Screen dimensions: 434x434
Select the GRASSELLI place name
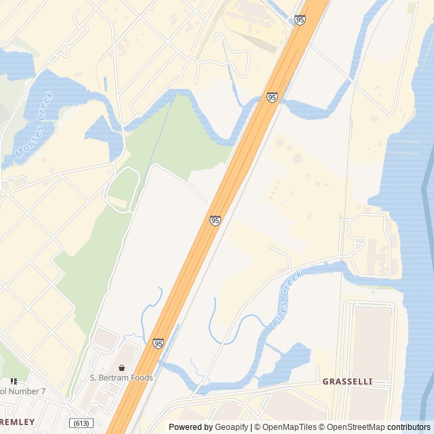347,382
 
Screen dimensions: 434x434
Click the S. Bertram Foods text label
121,378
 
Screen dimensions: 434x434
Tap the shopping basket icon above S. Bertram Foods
121,368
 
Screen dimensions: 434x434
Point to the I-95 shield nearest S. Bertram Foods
158,344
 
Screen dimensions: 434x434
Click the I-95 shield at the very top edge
300,20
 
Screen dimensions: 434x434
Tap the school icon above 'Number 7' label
14,382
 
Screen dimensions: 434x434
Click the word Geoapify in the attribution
232,427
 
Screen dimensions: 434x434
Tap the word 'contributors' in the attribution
409,427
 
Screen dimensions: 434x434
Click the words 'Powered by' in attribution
191,427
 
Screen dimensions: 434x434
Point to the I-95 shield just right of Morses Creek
272,98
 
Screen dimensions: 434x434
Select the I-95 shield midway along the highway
215,220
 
